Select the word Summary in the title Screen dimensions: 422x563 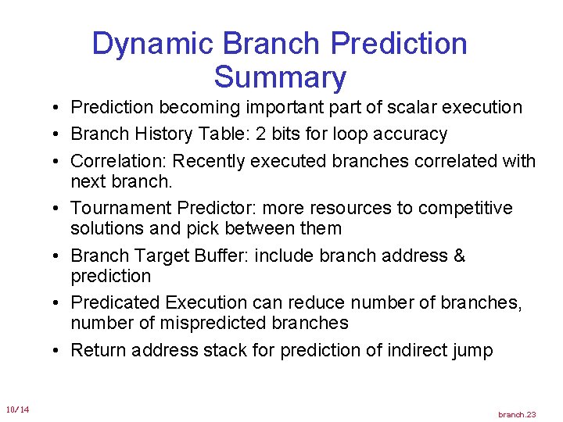coord(279,78)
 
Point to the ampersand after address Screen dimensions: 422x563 coord(460,256)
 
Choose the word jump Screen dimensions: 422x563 coord(473,351)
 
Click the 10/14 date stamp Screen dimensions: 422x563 coord(17,409)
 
